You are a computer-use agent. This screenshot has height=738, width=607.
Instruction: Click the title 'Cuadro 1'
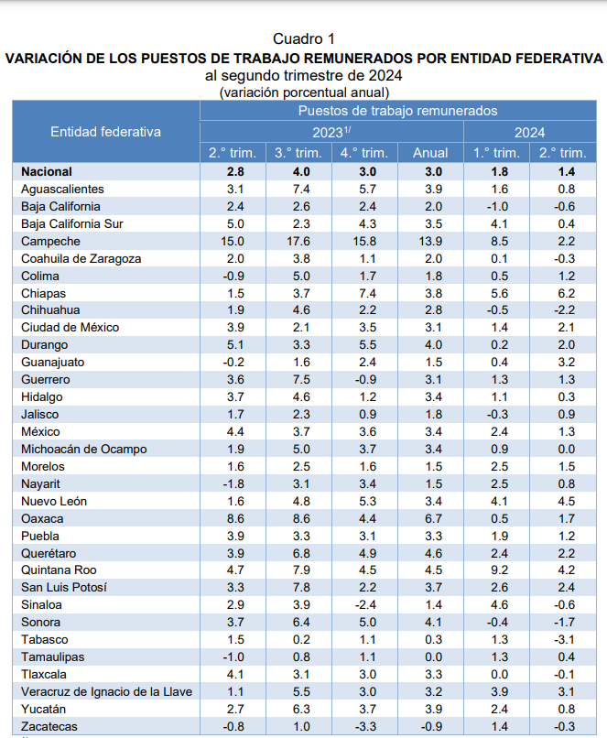(x=304, y=38)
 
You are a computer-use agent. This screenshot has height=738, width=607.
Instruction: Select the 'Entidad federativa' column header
(x=105, y=132)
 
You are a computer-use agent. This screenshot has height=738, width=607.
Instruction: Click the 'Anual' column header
(x=429, y=153)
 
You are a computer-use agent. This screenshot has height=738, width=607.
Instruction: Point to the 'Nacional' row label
(x=46, y=171)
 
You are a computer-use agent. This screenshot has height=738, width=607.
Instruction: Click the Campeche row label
(x=50, y=241)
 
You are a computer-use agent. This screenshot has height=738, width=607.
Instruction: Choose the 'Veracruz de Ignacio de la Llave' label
(x=106, y=691)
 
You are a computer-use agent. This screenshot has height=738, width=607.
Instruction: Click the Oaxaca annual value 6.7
(x=430, y=517)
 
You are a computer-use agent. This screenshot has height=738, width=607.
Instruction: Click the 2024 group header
(x=529, y=132)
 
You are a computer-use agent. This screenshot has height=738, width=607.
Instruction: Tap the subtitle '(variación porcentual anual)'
(x=304, y=92)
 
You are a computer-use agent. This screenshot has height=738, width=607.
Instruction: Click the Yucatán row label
(x=45, y=709)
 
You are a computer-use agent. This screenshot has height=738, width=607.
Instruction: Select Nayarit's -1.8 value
(x=233, y=483)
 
